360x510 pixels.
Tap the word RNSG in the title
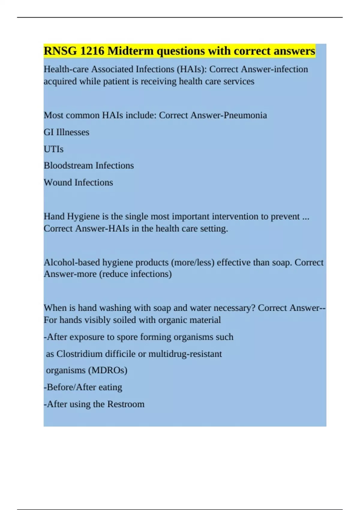point(60,51)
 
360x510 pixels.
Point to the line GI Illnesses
point(67,132)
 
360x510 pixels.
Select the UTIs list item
point(54,149)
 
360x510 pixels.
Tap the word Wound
point(58,182)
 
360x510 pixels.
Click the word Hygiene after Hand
point(83,217)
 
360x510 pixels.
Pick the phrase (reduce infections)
point(135,274)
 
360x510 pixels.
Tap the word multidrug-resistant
point(185,354)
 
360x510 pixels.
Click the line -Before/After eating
point(83,387)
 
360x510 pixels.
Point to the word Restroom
point(126,404)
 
